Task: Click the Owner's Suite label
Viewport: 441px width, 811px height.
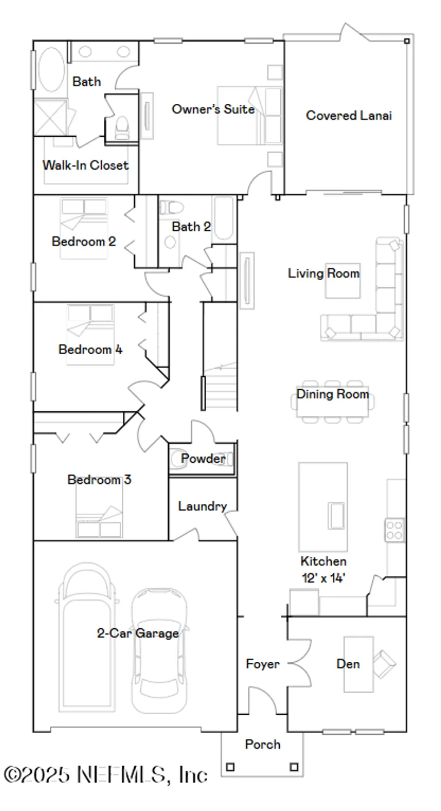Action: click(x=213, y=109)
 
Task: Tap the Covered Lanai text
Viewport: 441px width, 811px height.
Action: click(x=348, y=115)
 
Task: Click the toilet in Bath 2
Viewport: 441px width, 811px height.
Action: click(x=171, y=208)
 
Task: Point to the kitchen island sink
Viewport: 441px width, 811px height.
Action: click(x=336, y=515)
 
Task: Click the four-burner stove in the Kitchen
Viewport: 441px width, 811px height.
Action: click(x=394, y=530)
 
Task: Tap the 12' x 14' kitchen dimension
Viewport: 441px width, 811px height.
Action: click(x=323, y=578)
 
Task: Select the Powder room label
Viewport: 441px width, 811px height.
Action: click(x=203, y=459)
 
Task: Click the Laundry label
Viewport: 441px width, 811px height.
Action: click(x=202, y=507)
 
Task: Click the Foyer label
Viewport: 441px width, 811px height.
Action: click(x=262, y=664)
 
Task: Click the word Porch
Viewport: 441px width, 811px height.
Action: click(x=262, y=744)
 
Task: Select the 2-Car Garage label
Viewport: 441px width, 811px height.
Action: click(x=137, y=633)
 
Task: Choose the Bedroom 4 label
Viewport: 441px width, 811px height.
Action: click(x=90, y=349)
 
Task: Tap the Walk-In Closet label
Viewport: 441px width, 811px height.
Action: click(x=85, y=165)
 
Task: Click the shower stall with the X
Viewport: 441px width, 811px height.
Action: click(x=50, y=116)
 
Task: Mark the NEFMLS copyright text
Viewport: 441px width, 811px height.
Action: click(x=106, y=775)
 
